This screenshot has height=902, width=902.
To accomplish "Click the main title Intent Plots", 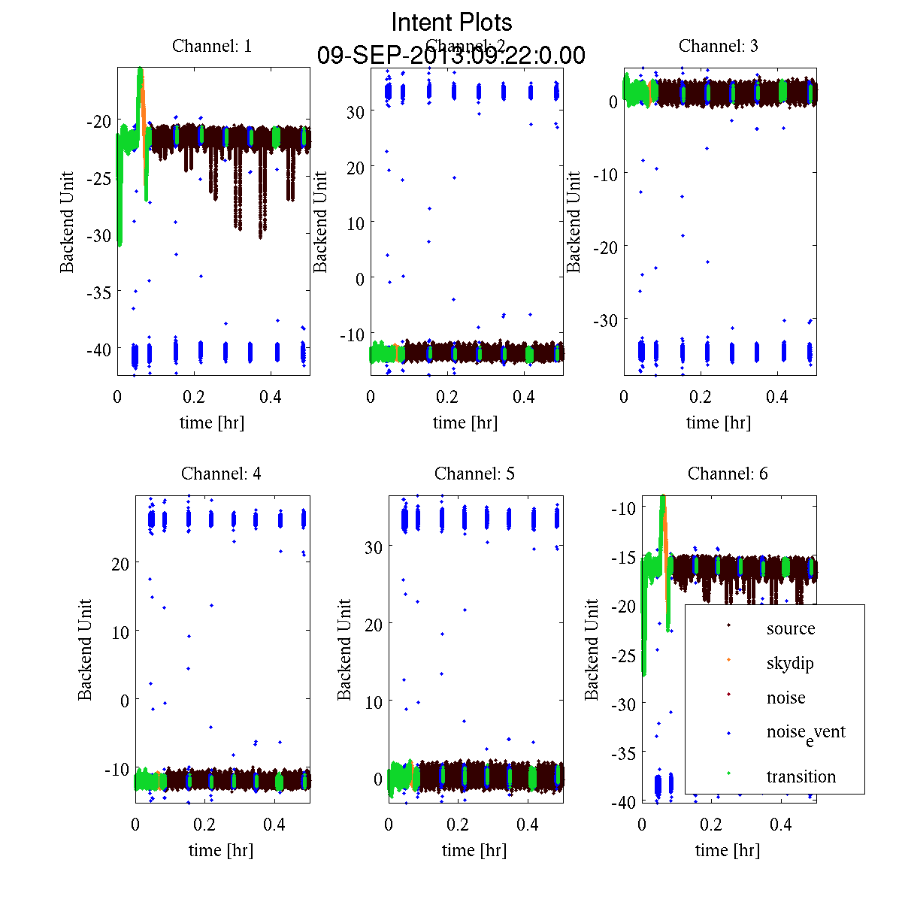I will (x=452, y=22).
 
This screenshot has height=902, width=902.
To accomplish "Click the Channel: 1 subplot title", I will (x=212, y=46).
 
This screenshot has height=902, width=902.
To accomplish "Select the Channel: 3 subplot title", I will (x=718, y=46).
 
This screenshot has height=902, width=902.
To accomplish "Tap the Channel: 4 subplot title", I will (x=221, y=474).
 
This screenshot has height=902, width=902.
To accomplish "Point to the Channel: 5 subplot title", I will (x=474, y=474).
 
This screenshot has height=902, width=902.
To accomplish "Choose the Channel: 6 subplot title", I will (x=728, y=474).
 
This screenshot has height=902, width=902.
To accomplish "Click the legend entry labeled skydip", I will (x=789, y=663).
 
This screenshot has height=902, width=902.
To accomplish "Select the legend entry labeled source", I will (x=790, y=628).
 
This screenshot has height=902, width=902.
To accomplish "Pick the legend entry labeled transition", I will (x=801, y=776).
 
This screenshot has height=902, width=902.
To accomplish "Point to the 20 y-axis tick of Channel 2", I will (x=356, y=168).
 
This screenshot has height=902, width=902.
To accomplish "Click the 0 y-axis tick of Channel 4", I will (x=124, y=701).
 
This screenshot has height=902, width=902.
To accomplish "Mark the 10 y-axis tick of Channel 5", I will (x=374, y=702).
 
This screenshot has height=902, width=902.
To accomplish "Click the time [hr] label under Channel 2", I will (x=465, y=422).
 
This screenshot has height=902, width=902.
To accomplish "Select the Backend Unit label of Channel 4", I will (x=85, y=649).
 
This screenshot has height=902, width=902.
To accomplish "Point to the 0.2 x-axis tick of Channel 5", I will (x=458, y=825).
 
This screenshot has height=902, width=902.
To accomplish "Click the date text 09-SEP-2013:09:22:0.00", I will (x=451, y=56).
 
